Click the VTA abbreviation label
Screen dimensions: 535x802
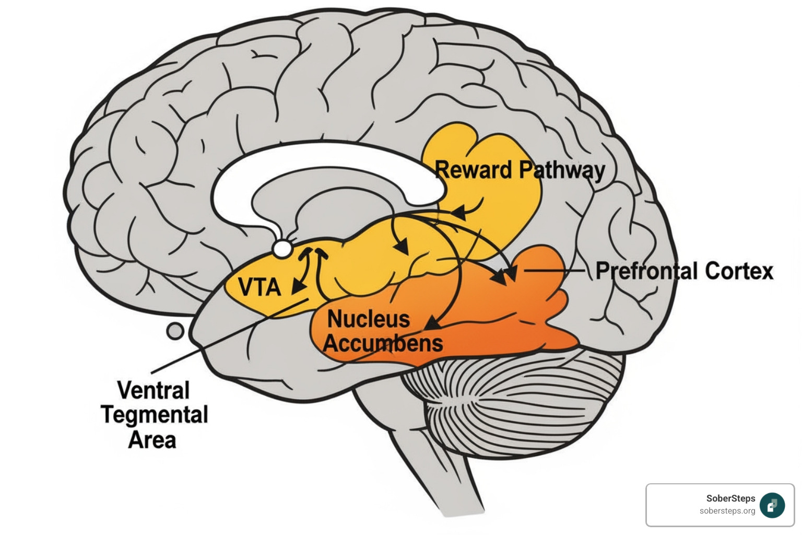pyautogui.click(x=260, y=287)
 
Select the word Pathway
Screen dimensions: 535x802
pyautogui.click(x=562, y=171)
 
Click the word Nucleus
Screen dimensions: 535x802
pyautogui.click(x=368, y=319)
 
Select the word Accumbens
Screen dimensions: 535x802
pyautogui.click(x=383, y=343)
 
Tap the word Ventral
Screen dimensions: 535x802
pyautogui.click(x=153, y=390)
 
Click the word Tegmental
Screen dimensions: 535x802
pyautogui.click(x=155, y=415)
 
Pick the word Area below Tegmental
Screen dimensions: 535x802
pyautogui.click(x=152, y=440)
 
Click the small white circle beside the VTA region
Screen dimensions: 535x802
pyautogui.click(x=282, y=249)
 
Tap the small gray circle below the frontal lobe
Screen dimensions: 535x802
pyautogui.click(x=175, y=331)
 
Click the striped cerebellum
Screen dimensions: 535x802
pyautogui.click(x=517, y=402)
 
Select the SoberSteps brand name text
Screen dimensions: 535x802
pyautogui.click(x=730, y=498)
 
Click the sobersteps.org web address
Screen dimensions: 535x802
pyautogui.click(x=727, y=511)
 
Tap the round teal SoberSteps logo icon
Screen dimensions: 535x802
pyautogui.click(x=772, y=505)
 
